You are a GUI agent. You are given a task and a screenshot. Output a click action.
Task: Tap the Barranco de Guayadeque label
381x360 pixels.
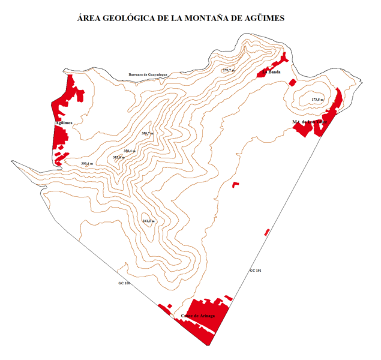[x=147, y=75]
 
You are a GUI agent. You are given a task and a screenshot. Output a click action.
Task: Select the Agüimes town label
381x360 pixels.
[x=64, y=122]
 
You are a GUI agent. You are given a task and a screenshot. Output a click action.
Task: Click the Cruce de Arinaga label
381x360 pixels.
[x=198, y=316]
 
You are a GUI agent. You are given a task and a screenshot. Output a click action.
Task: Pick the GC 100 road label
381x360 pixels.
[x=124, y=283]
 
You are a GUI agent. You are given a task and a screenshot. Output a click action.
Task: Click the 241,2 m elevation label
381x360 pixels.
[x=148, y=221]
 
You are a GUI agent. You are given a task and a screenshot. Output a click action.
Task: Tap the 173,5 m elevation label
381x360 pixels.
[x=317, y=99]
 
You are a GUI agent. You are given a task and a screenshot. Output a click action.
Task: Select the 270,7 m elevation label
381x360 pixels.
[x=229, y=71]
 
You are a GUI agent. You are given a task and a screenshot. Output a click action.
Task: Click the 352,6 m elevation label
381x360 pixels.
[x=118, y=157]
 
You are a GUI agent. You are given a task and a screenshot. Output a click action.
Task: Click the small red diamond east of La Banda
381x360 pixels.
[x=292, y=82]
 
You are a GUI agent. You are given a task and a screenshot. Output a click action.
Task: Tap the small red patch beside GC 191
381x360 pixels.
[x=267, y=232]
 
